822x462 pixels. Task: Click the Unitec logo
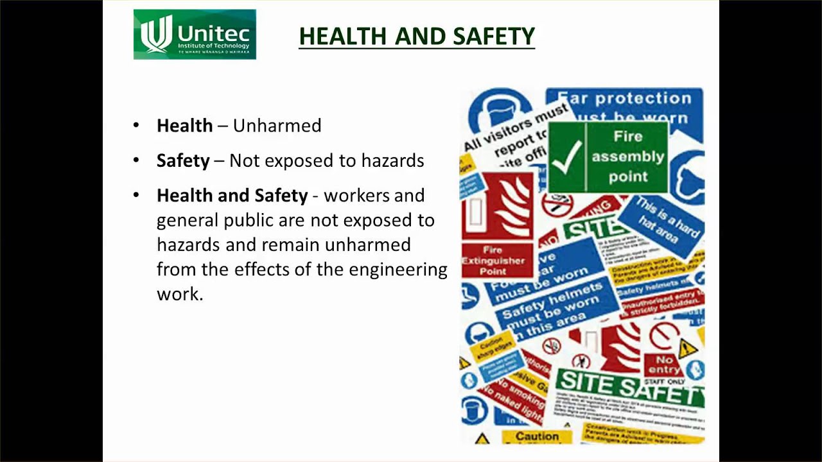195,34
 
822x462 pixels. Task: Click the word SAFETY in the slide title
494,37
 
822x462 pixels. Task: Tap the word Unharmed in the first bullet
277,126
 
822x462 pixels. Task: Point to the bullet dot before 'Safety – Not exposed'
136,160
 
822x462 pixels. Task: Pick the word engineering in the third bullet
398,269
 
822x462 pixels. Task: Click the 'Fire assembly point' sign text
627,157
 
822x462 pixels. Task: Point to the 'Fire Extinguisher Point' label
493,261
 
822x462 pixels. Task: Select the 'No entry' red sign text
665,364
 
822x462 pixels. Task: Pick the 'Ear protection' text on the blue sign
624,99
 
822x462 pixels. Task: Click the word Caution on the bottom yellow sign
537,436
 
